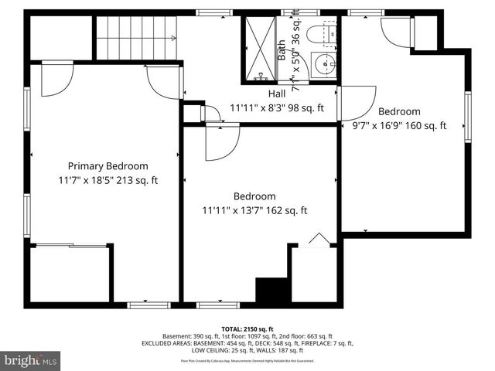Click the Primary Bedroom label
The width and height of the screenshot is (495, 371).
(108, 166)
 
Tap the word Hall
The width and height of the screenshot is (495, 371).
(242, 94)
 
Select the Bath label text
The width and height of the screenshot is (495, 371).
(282, 50)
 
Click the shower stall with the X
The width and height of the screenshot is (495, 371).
(260, 47)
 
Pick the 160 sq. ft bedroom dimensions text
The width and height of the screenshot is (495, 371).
(399, 125)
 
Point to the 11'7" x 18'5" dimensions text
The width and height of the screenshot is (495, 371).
(108, 181)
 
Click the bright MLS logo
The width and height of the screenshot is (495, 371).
(31, 360)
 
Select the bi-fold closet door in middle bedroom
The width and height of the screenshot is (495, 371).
(317, 240)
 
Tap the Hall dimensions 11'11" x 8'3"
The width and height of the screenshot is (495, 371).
(277, 109)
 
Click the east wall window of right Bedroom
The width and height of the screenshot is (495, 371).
(467, 117)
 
